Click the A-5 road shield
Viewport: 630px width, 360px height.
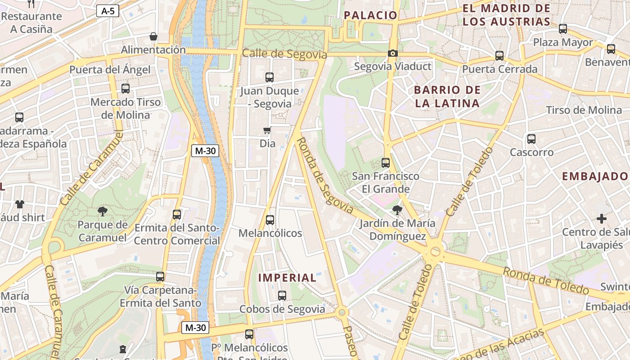click(108, 11)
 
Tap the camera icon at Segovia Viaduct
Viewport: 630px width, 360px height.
click(393, 54)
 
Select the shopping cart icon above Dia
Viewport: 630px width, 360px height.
click(267, 130)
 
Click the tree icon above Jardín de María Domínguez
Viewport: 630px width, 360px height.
click(397, 209)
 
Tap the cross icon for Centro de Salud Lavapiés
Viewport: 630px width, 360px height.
click(601, 219)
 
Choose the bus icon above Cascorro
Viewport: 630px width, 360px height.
click(531, 139)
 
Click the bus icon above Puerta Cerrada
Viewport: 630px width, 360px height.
click(499, 56)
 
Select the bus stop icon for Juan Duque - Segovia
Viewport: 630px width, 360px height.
click(270, 77)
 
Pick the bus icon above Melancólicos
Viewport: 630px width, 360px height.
click(270, 220)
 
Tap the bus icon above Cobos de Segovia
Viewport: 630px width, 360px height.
click(282, 296)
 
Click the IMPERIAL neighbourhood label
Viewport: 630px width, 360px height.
click(287, 278)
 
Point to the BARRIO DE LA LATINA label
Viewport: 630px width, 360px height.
click(447, 96)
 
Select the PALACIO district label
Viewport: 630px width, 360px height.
click(371, 15)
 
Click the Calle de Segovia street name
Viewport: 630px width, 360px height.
click(284, 54)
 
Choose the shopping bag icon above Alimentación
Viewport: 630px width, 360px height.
click(153, 36)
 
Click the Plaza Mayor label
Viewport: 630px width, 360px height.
click(563, 43)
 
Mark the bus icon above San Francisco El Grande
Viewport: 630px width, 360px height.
click(386, 162)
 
